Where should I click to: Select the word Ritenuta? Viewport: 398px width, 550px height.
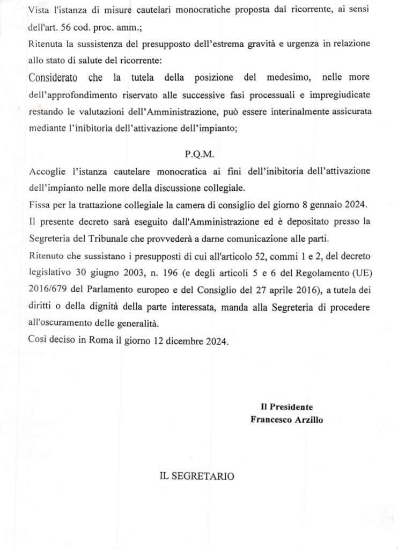(45, 44)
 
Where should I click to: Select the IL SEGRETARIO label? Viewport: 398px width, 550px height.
(196, 476)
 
